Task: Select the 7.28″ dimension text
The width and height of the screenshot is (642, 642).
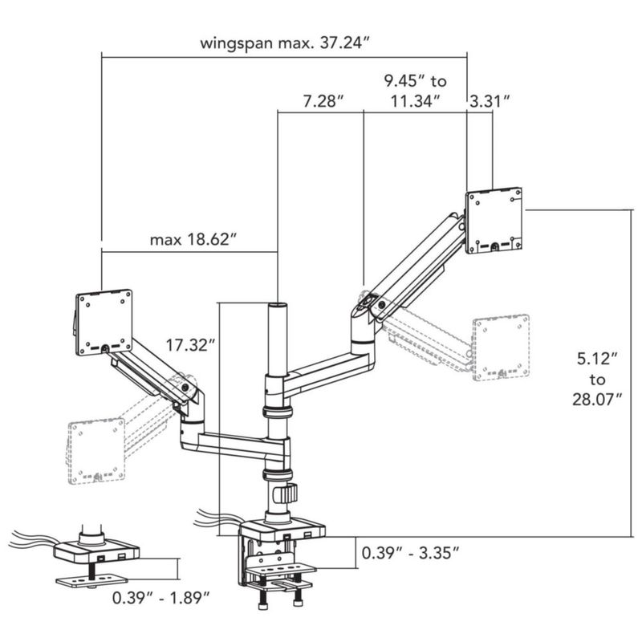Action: coord(323,101)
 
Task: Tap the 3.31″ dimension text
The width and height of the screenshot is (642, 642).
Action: coord(490,101)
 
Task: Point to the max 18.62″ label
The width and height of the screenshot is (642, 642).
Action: coord(193,239)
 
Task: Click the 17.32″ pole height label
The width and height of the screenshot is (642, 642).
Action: coord(190,345)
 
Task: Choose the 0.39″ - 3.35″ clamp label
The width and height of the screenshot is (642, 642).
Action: coord(410,553)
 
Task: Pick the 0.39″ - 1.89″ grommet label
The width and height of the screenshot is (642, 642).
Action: coord(161,598)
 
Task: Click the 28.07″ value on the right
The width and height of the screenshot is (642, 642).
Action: coord(597,399)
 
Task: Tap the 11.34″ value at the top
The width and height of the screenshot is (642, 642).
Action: coord(415,101)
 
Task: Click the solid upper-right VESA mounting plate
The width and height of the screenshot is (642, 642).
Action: coord(494,220)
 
